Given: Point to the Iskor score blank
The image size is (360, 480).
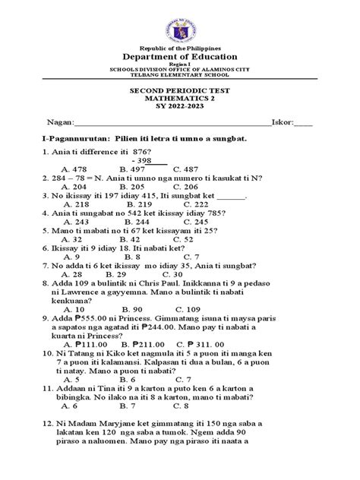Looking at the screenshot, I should (302, 122).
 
